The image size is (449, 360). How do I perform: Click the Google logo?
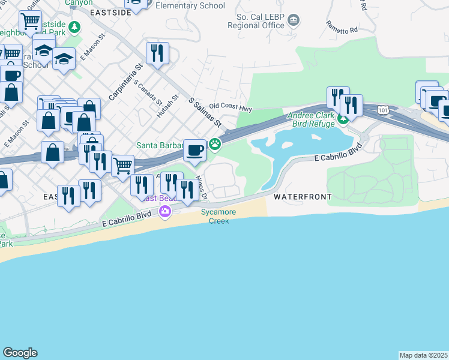[x=20, y=353]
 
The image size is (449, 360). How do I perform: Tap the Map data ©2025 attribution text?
[x=423, y=355]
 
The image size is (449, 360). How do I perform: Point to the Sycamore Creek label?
[x=219, y=217]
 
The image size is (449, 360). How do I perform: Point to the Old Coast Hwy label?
[x=231, y=109]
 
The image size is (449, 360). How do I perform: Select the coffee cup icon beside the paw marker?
[x=194, y=150]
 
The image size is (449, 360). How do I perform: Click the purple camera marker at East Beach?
[x=164, y=211]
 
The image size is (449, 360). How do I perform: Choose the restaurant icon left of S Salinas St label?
[x=157, y=53]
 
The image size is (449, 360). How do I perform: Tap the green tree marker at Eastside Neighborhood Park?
[x=74, y=27]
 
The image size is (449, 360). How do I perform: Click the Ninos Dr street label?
[x=203, y=188]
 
